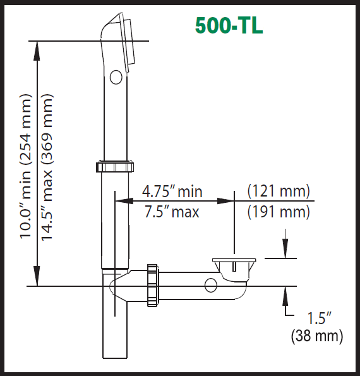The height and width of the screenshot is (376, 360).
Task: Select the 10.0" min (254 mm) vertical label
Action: pyautogui.click(x=26, y=166)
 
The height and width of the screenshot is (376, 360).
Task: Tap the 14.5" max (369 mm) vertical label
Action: pyautogui.click(x=47, y=166)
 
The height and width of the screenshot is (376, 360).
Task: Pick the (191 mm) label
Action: pyautogui.click(x=278, y=211)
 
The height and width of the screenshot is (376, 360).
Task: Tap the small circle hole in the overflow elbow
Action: pyautogui.click(x=116, y=77)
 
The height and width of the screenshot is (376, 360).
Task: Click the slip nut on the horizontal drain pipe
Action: pyautogui.click(x=152, y=285)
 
